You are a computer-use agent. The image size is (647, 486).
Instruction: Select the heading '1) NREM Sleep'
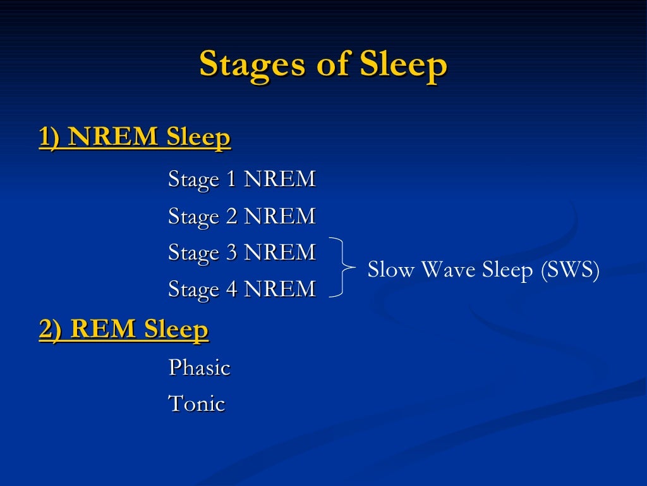[135, 137]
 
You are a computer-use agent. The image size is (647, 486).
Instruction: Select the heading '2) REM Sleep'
[123, 330]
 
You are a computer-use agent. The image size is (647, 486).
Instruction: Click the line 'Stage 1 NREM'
[241, 179]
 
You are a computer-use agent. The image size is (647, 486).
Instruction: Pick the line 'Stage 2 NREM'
[241, 216]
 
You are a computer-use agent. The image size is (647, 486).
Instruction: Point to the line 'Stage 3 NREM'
[241, 252]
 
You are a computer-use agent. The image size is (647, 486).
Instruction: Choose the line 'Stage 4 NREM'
[241, 289]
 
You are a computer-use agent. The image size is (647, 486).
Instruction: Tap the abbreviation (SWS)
[569, 270]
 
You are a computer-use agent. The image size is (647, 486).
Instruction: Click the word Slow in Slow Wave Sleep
[391, 270]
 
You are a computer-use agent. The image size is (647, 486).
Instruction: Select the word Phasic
[199, 368]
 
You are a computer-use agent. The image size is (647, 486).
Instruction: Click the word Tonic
[196, 403]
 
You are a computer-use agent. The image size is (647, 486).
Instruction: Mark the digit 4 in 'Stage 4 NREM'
[231, 289]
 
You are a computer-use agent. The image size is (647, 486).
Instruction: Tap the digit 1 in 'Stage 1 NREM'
[231, 179]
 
